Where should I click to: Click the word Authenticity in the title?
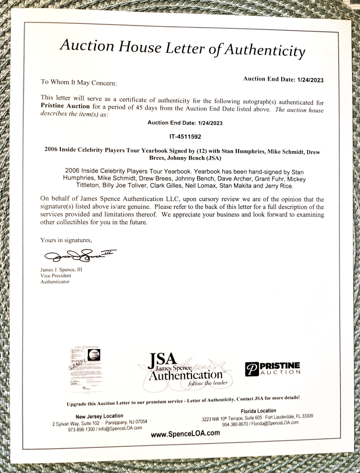coord(264,50)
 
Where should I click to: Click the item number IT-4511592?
coord(185,137)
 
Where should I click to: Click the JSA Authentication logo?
coord(185,370)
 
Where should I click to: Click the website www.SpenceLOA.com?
coord(185,433)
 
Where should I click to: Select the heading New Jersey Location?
coord(99,416)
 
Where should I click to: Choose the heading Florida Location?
coord(258,411)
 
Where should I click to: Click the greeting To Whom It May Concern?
coord(79,82)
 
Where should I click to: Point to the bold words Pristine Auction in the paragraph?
coord(65,106)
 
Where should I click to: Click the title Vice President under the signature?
coord(56,275)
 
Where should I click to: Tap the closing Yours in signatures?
coord(66,240)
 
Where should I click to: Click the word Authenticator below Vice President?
coord(55,281)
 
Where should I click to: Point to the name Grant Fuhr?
coord(269,179)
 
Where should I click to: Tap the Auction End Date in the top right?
coord(283,79)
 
